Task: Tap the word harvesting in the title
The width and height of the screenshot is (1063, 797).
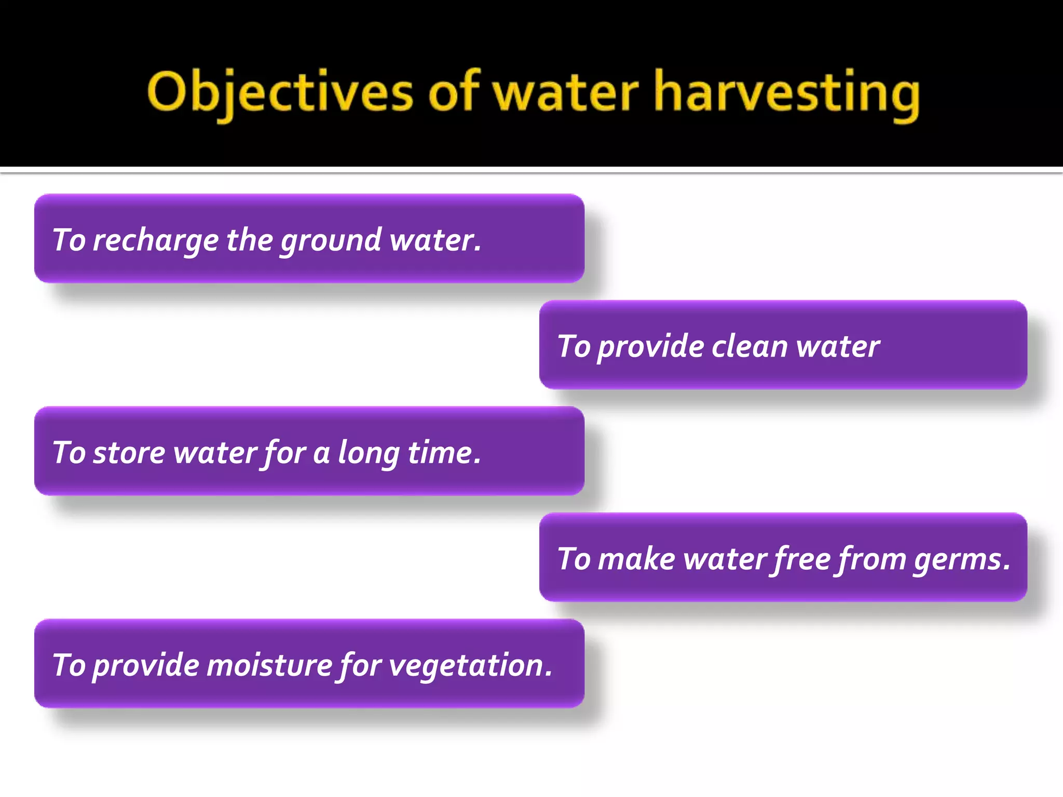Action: pos(787,93)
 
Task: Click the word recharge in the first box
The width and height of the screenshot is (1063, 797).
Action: pos(156,241)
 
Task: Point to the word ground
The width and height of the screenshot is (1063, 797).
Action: pos(331,241)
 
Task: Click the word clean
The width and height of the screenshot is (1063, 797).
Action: pos(749,347)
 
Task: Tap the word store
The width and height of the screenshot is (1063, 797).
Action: pos(129,453)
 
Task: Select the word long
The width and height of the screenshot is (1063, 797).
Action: pos(368,454)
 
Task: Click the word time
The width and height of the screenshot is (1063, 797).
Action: pos(444,453)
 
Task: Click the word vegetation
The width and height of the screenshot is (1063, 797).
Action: pos(470,666)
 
